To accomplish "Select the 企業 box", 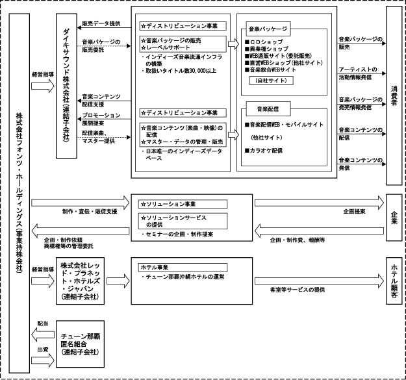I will (394, 216).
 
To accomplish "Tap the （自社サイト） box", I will (272, 81).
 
